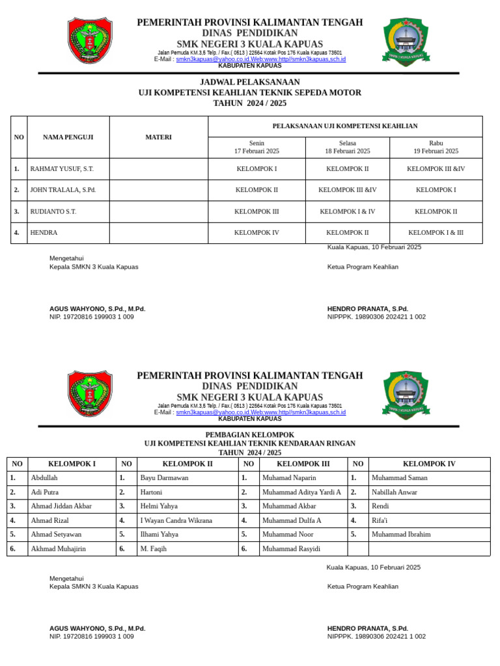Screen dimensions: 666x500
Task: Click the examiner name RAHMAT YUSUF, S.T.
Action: click(62, 169)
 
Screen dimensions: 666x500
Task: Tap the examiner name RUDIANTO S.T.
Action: click(53, 212)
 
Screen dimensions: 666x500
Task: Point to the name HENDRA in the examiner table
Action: click(44, 233)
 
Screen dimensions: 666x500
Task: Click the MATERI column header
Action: click(158, 137)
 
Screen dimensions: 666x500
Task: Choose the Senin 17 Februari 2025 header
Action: click(257, 147)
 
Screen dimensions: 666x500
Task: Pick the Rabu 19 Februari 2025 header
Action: click(436, 147)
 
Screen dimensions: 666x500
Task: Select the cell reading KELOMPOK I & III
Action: click(436, 233)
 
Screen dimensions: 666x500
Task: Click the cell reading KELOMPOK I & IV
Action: click(347, 212)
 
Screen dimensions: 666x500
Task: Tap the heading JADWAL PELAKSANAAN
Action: click(249, 83)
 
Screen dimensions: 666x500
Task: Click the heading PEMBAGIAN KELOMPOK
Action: click(249, 435)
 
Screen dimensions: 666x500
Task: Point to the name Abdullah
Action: click(45, 478)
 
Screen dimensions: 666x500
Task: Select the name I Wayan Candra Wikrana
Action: click(176, 521)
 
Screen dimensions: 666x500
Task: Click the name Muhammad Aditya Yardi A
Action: click(301, 492)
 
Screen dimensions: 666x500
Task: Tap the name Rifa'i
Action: click(380, 521)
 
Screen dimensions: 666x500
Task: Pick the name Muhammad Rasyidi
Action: click(291, 549)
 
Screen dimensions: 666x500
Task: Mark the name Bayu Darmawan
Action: click(164, 478)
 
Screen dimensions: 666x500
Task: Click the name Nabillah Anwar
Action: click(395, 492)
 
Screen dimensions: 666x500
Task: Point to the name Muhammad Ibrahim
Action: click(401, 535)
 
